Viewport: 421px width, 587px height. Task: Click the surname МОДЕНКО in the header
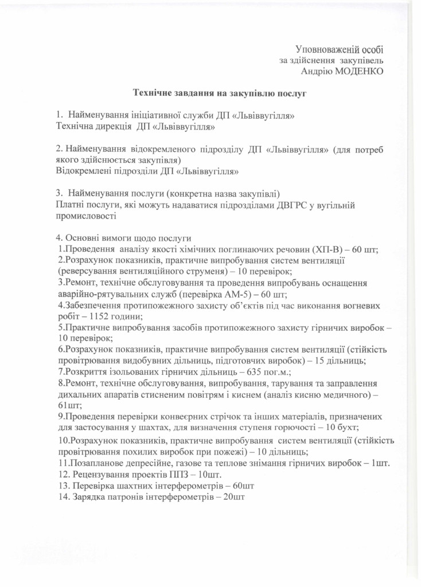[x=358, y=71]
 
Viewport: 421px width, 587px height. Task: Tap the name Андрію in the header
[x=317, y=71]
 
